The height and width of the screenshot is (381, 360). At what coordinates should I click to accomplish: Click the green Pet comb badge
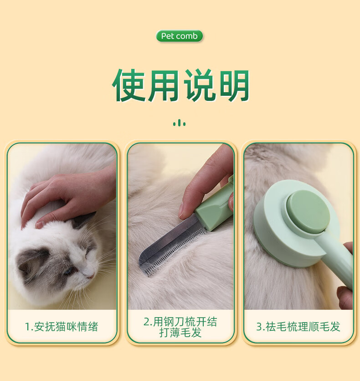click(x=179, y=36)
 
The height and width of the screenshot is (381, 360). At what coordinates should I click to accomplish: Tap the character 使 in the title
click(x=129, y=85)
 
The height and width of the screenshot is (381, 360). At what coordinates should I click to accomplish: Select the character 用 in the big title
click(x=164, y=85)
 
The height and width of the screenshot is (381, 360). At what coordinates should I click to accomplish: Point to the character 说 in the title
click(x=200, y=85)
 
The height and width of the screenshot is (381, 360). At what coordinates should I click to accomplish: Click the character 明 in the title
click(x=234, y=85)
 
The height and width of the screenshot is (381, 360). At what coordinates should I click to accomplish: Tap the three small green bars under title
click(x=180, y=123)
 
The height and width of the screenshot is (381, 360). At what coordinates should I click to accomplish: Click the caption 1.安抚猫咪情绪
click(x=62, y=326)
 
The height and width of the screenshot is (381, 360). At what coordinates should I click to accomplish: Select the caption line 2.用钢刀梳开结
click(x=180, y=322)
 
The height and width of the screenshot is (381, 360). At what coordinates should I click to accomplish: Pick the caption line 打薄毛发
click(x=180, y=332)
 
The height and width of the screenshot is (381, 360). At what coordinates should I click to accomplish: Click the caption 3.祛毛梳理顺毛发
click(x=298, y=326)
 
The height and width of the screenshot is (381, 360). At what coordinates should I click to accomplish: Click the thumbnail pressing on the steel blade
click(x=181, y=211)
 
